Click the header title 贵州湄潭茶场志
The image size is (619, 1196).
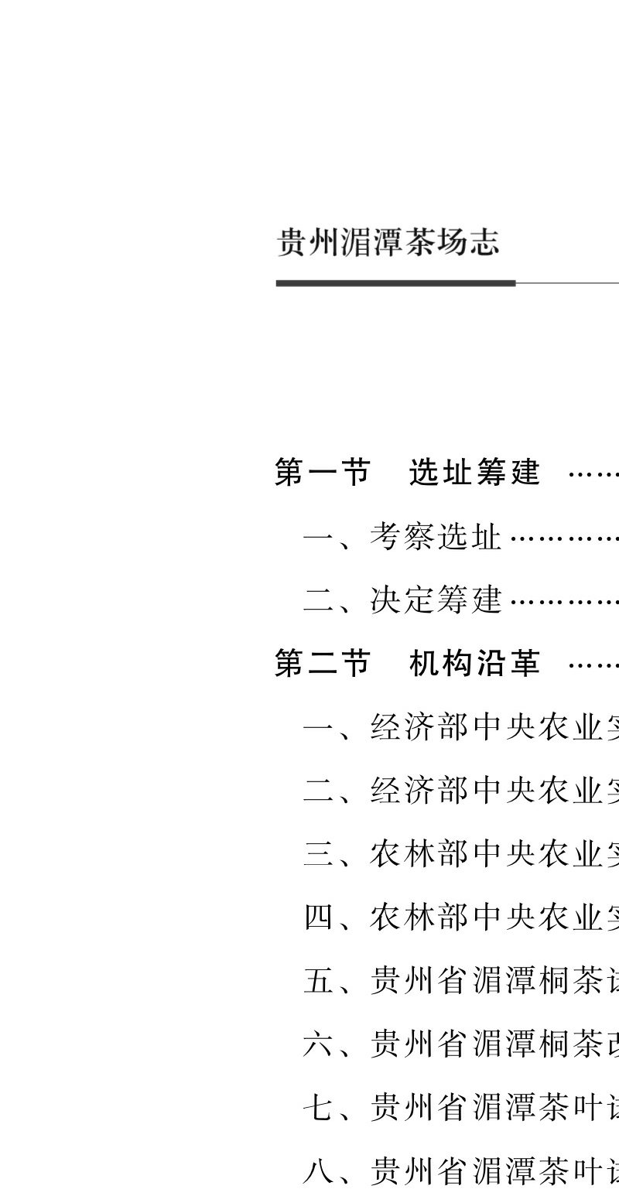click(388, 242)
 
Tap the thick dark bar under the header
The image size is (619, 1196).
click(395, 283)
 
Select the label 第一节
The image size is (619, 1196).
click(323, 472)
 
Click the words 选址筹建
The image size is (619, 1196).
click(474, 472)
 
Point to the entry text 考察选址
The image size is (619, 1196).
click(436, 536)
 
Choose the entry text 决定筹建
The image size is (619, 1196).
click(436, 600)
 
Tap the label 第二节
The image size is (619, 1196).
click(323, 664)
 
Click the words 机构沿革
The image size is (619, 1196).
click(474, 664)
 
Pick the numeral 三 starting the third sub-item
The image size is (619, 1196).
click(317, 855)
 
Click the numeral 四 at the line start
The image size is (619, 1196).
click(317, 918)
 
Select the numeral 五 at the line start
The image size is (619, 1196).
click(317, 982)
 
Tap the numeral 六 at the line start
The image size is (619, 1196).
click(317, 1045)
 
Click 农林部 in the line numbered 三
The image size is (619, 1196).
click(419, 855)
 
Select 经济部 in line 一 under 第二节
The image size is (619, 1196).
click(419, 728)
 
